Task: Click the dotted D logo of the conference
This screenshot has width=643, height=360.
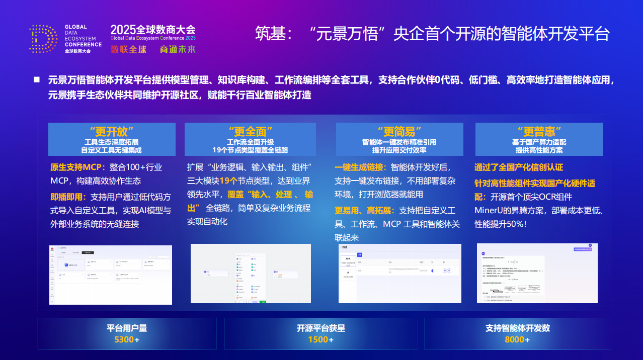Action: tap(44, 39)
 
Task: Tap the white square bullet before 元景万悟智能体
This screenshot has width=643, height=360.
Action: tap(37, 79)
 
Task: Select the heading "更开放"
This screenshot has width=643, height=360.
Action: tap(112, 132)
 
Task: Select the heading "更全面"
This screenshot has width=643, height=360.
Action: tap(251, 132)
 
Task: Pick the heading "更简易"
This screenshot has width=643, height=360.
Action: tap(399, 132)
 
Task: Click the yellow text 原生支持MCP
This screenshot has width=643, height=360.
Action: tap(77, 167)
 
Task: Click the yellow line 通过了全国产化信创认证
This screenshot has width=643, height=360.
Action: tap(519, 167)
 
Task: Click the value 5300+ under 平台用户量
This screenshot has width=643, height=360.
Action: tap(127, 339)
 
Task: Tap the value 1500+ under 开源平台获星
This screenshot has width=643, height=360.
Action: tap(321, 339)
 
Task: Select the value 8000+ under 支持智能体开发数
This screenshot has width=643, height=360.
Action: tap(517, 339)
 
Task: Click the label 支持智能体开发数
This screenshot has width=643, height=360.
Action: tap(517, 328)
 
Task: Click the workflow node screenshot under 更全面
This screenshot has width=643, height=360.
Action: tap(251, 274)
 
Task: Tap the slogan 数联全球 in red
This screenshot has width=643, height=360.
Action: tap(128, 49)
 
